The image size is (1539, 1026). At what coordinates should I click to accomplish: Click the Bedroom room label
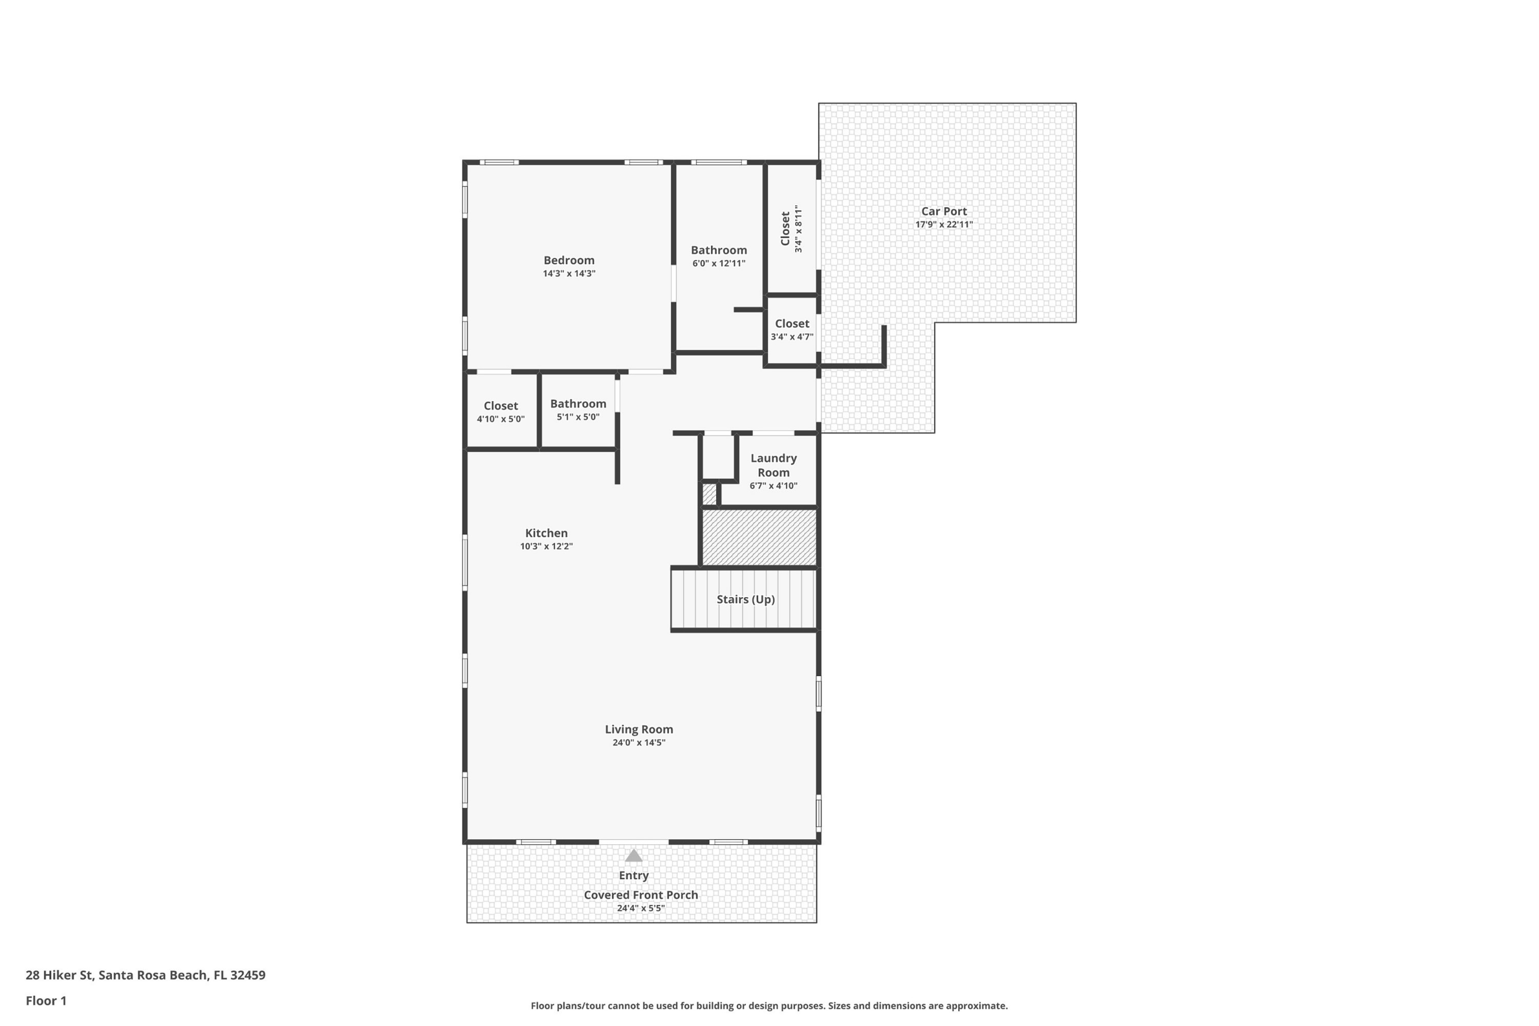coord(568,261)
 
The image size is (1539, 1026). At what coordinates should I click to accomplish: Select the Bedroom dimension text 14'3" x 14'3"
coord(568,273)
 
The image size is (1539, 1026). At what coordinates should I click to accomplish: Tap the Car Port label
coord(943,211)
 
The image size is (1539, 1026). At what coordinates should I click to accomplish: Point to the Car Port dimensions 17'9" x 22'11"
coord(943,225)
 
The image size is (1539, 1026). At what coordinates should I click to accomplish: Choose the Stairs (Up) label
coord(745,599)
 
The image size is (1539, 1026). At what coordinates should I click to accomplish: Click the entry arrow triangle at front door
coord(634,856)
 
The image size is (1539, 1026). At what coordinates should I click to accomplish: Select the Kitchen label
coord(546,534)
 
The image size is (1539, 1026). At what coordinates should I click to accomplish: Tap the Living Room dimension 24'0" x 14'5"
coord(639,743)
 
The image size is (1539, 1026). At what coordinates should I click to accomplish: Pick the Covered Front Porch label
coord(641,895)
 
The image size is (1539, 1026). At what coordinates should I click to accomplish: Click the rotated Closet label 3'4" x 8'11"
coord(791,229)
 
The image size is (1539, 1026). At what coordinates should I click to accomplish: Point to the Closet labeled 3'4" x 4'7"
coord(792,330)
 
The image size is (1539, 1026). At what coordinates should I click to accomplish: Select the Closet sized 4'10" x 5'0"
coord(501,411)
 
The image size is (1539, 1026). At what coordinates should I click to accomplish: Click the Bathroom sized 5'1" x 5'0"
coord(578,409)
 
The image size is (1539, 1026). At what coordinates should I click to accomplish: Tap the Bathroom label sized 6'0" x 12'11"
coord(719,256)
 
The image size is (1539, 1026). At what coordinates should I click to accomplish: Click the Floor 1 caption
coord(46,1000)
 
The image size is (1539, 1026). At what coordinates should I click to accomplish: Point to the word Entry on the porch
coord(634,876)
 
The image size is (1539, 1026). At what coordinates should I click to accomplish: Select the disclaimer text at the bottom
coord(769,1005)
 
